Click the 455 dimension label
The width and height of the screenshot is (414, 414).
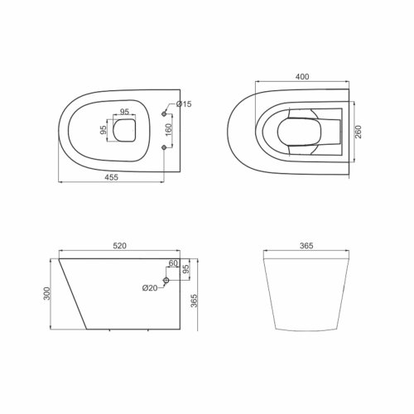(111, 177)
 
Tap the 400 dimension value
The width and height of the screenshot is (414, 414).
(302, 76)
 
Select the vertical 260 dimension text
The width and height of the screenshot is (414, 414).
(358, 132)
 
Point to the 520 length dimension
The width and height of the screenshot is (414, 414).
(119, 245)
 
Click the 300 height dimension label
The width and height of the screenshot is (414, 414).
(47, 294)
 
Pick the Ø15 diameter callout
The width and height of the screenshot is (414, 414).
(184, 104)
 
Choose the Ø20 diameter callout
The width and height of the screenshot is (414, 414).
(150, 288)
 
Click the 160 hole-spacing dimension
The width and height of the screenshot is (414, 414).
(168, 130)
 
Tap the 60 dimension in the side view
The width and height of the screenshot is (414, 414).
(173, 263)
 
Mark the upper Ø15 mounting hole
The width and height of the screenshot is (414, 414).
(164, 113)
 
